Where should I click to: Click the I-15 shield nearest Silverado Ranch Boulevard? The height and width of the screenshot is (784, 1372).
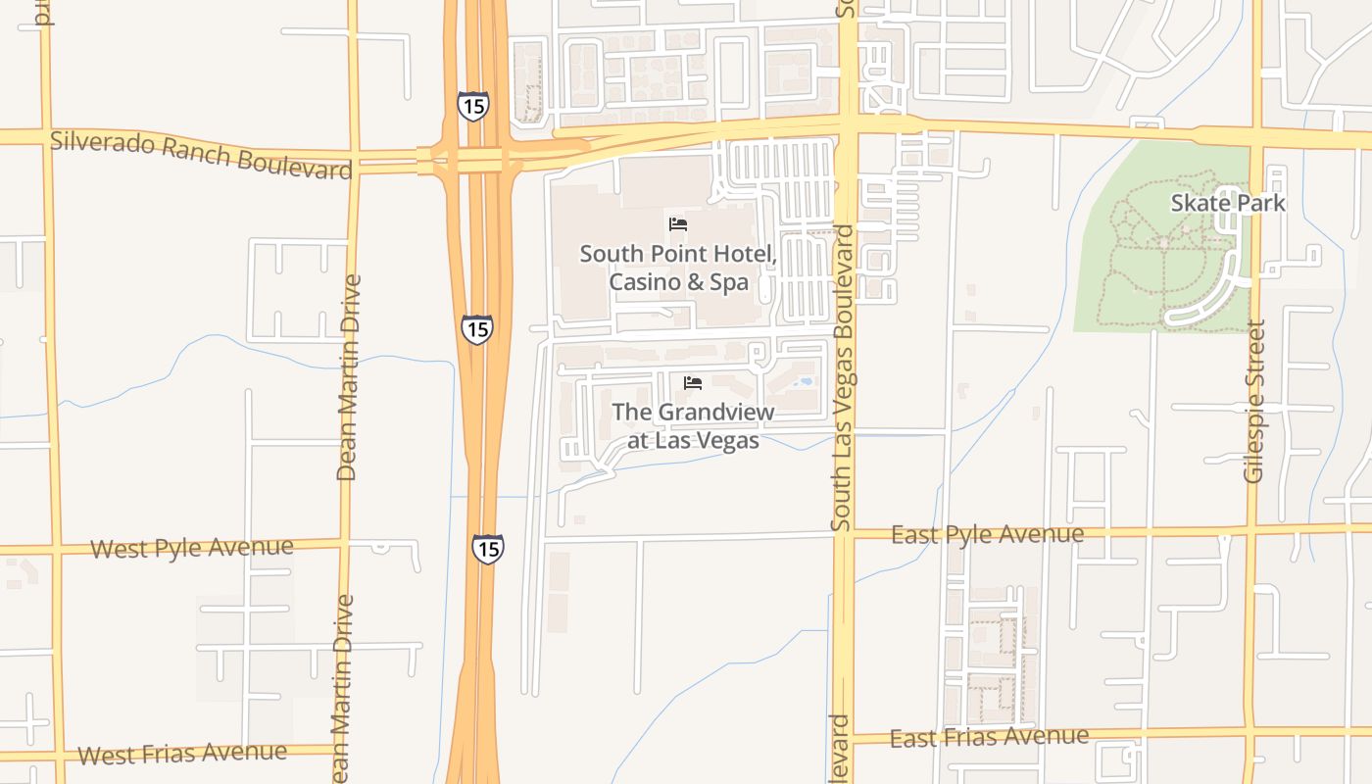click(x=472, y=106)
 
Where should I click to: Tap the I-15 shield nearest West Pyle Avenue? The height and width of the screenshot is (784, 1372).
click(x=487, y=549)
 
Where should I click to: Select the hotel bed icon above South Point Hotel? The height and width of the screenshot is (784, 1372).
click(x=678, y=223)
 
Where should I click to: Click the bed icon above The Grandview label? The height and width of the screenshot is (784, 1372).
click(x=693, y=382)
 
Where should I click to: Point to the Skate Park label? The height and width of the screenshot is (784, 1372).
click(x=1228, y=203)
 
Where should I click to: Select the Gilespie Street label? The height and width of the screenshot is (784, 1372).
click(x=1254, y=402)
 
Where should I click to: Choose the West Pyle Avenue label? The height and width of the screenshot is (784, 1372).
click(x=191, y=548)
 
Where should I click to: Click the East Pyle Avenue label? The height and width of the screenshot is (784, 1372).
click(x=987, y=535)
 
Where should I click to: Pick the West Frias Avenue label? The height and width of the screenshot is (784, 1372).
click(x=182, y=754)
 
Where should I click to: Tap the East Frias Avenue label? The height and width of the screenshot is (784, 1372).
click(x=989, y=737)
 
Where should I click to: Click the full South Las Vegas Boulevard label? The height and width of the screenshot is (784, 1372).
click(x=843, y=378)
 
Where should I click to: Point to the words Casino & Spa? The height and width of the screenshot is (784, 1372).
click(x=678, y=282)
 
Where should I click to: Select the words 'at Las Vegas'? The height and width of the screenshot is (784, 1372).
click(x=693, y=441)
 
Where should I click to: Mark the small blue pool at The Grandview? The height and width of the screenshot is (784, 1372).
click(x=806, y=381)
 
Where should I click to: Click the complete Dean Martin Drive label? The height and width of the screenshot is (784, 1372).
click(x=347, y=378)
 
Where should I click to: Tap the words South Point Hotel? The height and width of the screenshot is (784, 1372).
click(x=678, y=254)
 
